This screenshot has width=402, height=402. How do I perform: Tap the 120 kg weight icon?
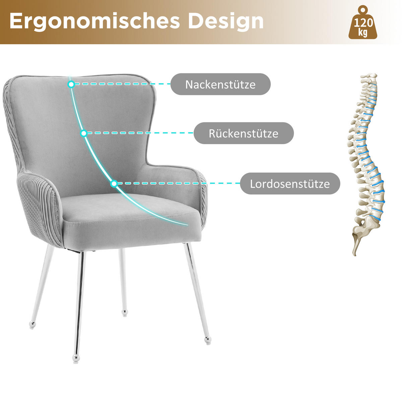pyautogui.click(x=362, y=23)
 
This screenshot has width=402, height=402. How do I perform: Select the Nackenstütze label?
pyautogui.click(x=220, y=84)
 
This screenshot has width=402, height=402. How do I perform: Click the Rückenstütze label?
pyautogui.click(x=244, y=133)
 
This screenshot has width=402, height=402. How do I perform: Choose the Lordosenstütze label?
pyautogui.click(x=290, y=184)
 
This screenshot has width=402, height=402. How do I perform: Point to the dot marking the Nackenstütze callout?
pyautogui.click(x=71, y=84)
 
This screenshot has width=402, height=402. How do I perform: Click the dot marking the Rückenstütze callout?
pyautogui.click(x=84, y=133)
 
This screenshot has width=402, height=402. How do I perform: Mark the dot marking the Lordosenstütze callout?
pyautogui.click(x=114, y=184)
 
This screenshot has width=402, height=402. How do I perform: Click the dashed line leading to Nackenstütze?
pyautogui.click(x=121, y=84)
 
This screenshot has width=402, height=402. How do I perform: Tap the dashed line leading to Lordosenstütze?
pyautogui.click(x=178, y=184)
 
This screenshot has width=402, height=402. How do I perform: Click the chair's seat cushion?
pyautogui.click(x=131, y=214)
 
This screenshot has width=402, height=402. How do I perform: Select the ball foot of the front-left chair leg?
pyautogui.click(x=76, y=359)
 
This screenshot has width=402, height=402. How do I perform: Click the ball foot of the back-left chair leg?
pyautogui.click(x=32, y=325)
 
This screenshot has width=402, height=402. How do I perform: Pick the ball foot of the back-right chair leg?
pyautogui.click(x=125, y=313)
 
